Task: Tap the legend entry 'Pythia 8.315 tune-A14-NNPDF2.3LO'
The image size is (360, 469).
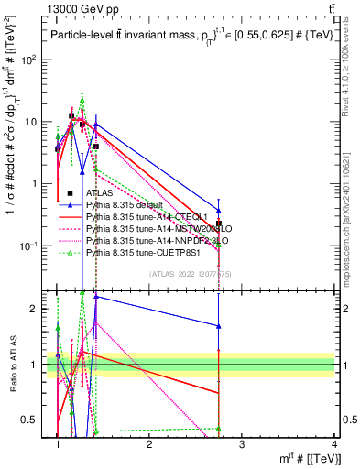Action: (147, 239)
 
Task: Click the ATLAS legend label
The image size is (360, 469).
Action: (99, 193)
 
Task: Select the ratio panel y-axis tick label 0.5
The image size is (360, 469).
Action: (36, 420)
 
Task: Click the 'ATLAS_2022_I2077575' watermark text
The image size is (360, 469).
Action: (195, 274)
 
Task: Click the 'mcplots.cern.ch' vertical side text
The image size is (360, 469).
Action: (351, 220)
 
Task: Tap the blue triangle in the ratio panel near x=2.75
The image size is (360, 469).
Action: (219, 325)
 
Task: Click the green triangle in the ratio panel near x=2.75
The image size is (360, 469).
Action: (219, 428)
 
